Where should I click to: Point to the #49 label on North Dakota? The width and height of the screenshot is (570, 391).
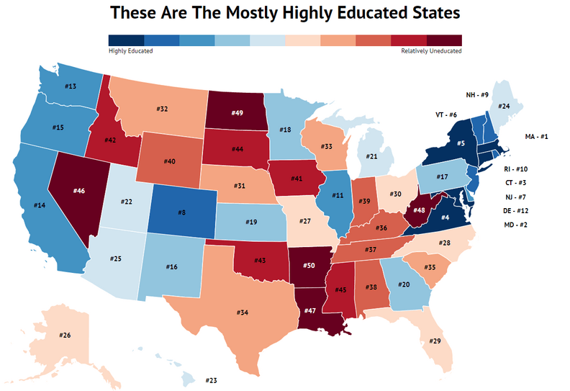click(237, 113)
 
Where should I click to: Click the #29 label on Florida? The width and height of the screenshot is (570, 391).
click(435, 341)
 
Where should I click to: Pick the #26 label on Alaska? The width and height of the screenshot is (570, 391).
click(64, 335)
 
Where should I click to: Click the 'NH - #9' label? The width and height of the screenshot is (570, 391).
click(476, 94)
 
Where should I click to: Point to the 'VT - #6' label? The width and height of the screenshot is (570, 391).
click(447, 114)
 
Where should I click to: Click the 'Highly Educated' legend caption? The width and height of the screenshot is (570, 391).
click(130, 51)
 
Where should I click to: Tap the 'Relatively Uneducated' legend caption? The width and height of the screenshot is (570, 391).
click(431, 51)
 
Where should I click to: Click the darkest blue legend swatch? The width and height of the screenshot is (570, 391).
click(126, 40)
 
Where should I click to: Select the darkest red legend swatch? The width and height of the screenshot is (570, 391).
click(444, 40)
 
